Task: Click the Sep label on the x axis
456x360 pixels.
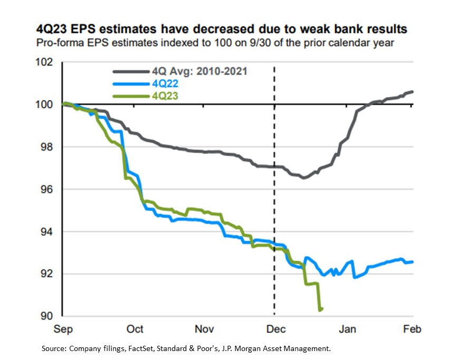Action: pos(64,329)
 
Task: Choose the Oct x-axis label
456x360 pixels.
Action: pos(135,329)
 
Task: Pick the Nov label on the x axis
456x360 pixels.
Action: pos(204,329)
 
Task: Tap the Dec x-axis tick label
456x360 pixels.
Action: pos(275,329)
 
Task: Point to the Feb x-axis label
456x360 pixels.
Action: pos(412,329)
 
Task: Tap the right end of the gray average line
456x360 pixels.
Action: pos(413,92)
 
